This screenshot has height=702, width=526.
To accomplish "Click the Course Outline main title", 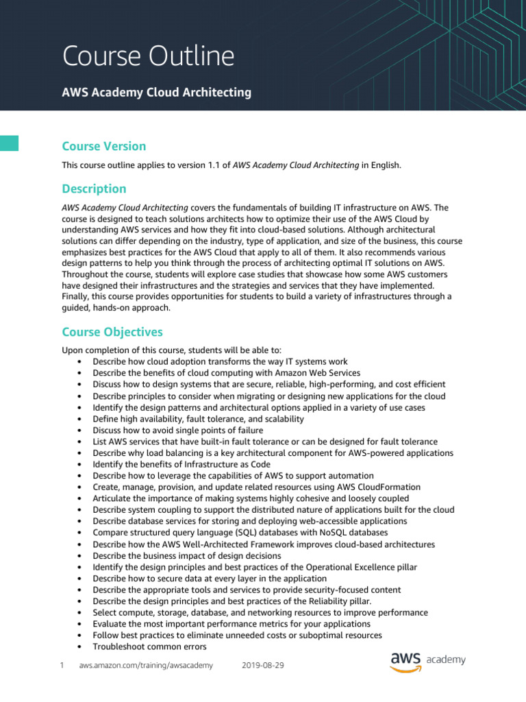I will pyautogui.click(x=148, y=56).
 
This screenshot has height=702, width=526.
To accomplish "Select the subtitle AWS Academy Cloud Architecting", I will pyautogui.click(x=156, y=92).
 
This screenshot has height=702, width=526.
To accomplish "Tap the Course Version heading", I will pyautogui.click(x=103, y=146).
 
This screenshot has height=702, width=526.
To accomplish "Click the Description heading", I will pyautogui.click(x=94, y=189).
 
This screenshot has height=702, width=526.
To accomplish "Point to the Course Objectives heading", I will pyautogui.click(x=112, y=332).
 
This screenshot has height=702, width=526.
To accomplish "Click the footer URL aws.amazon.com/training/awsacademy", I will pyautogui.click(x=146, y=665).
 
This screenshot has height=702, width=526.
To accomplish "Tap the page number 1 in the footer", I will pyautogui.click(x=62, y=665).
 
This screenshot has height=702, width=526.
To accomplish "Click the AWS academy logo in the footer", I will pyautogui.click(x=428, y=661).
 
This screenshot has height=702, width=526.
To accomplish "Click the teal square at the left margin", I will pyautogui.click(x=9, y=143).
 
